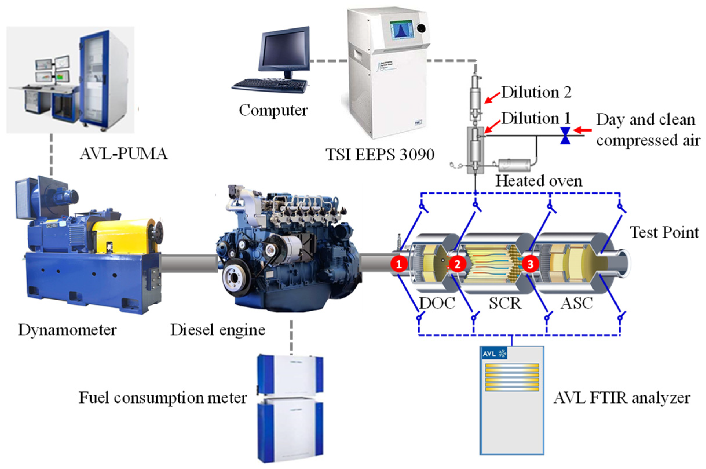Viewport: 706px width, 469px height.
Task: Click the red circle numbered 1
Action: (399, 264)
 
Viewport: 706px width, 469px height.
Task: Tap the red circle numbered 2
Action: (457, 264)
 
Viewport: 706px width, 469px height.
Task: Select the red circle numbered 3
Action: (531, 264)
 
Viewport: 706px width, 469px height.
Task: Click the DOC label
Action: (437, 303)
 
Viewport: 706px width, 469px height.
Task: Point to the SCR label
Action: (505, 303)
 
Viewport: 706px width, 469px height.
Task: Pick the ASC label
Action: (577, 303)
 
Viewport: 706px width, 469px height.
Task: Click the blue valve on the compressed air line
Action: (565, 136)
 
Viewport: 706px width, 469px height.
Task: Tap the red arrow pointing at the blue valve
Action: (583, 130)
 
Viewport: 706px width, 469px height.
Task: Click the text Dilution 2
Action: (536, 92)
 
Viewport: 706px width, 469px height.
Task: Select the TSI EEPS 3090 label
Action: (380, 155)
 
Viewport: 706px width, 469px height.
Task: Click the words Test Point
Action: (664, 232)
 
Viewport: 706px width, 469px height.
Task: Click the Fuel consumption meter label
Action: (163, 398)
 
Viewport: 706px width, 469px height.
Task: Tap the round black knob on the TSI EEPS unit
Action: (421, 28)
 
